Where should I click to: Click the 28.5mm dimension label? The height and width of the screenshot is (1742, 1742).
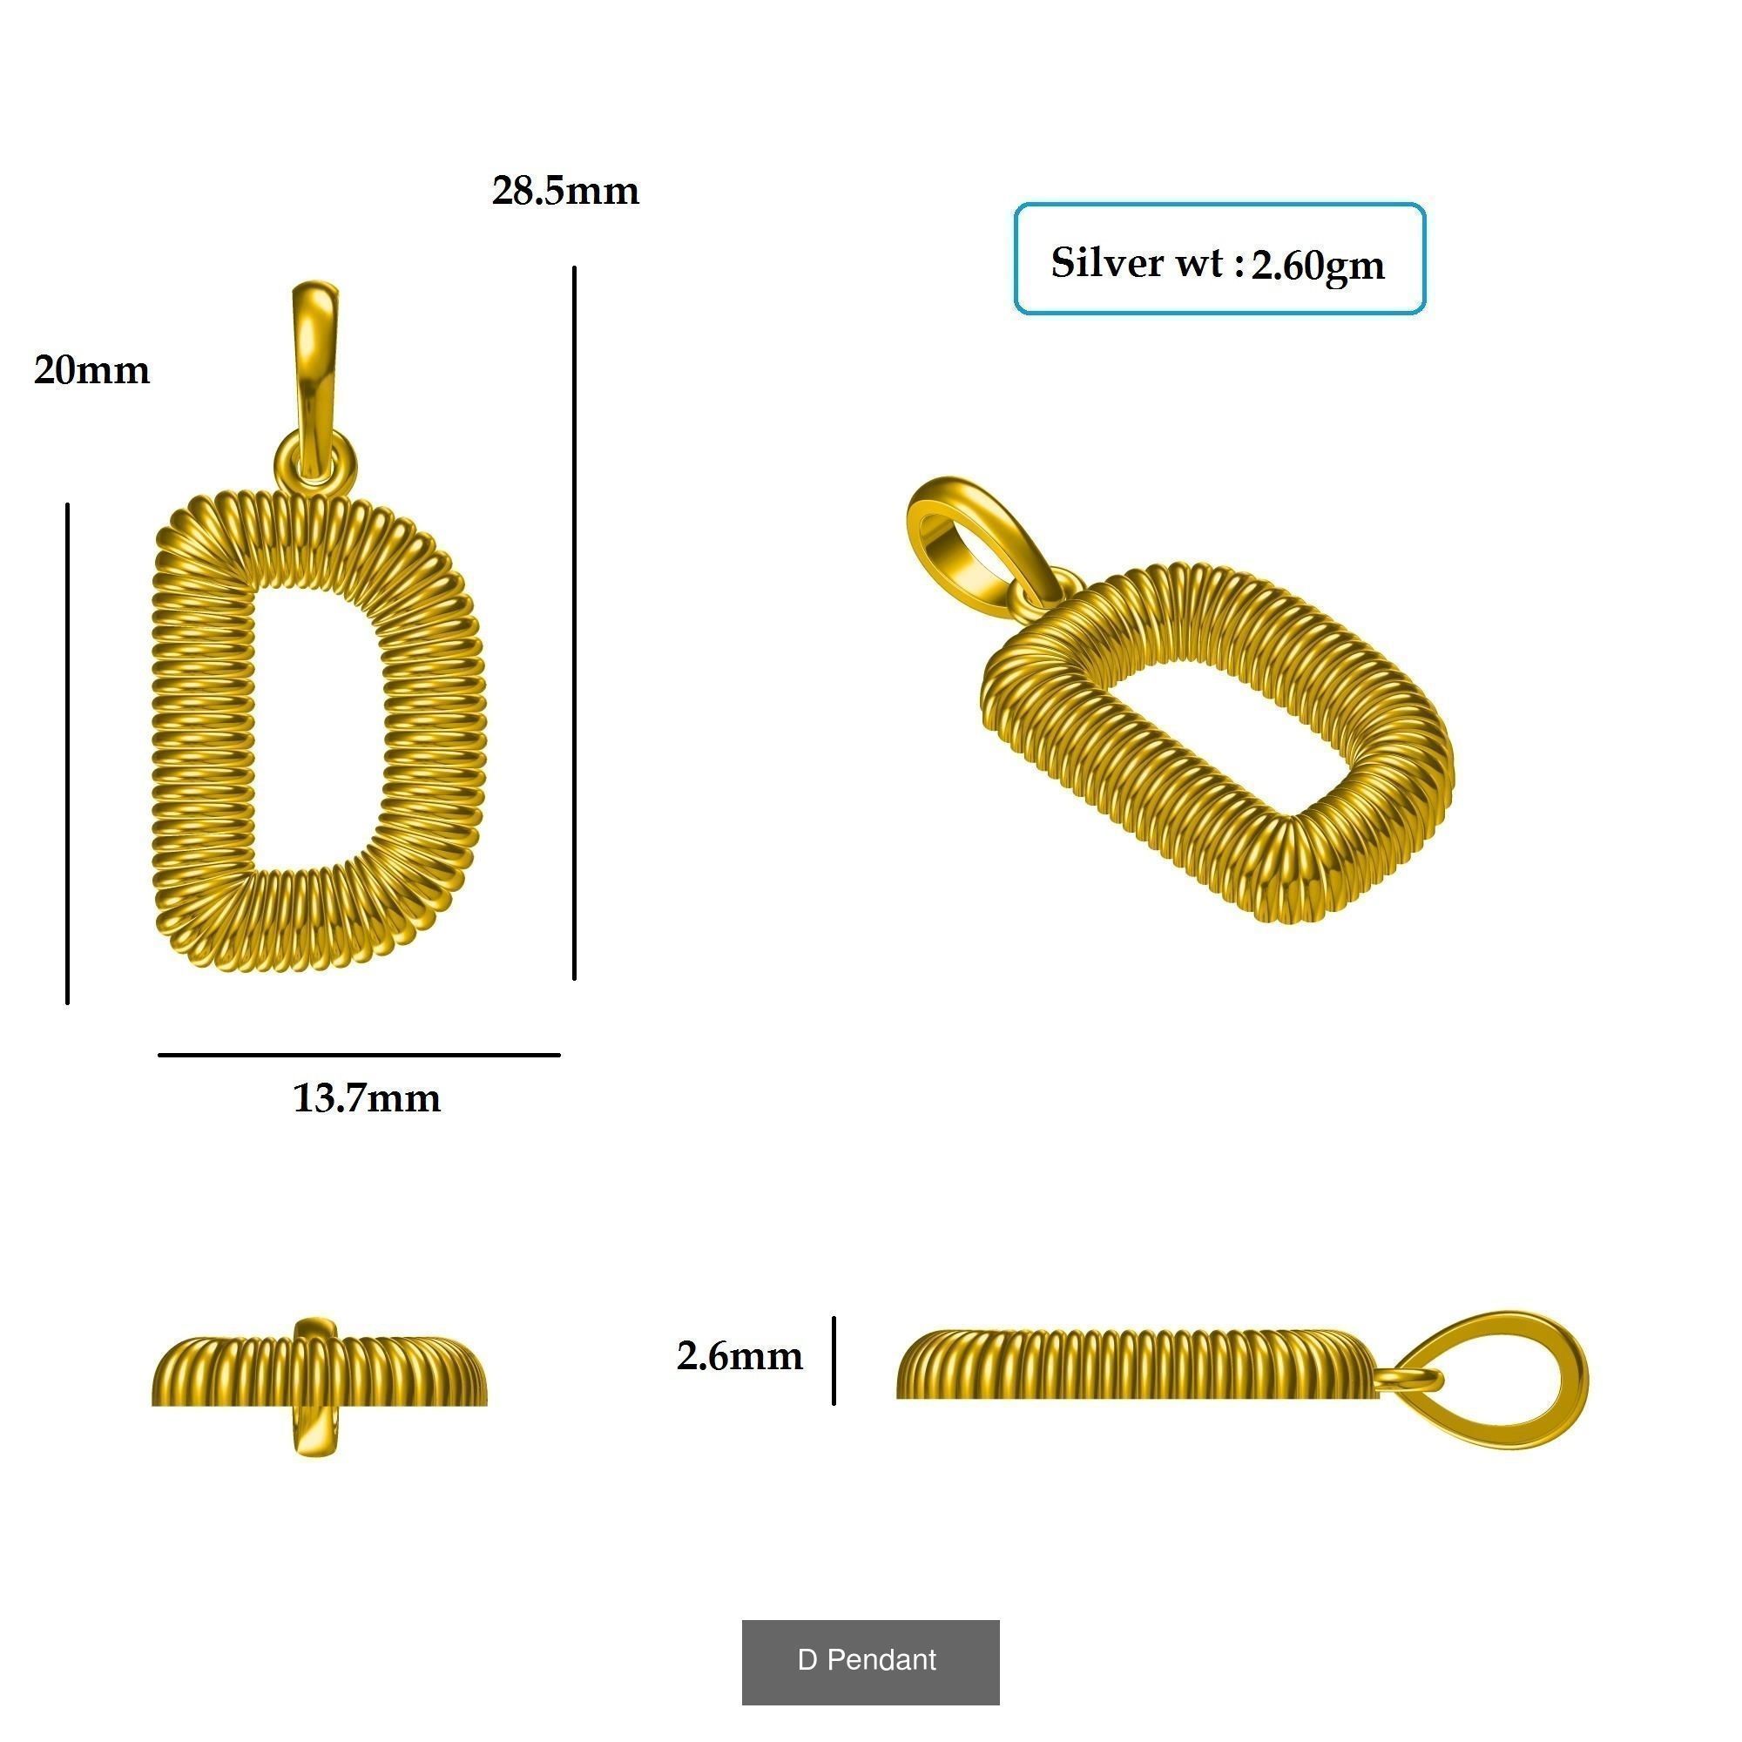pos(565,191)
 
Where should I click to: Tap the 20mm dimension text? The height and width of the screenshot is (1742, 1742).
pos(92,370)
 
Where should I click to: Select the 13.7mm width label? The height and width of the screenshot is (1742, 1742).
pos(367,1098)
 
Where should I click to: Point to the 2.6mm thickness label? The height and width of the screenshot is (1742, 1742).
pos(739,1356)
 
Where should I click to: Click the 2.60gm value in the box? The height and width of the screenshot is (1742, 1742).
pos(1317,265)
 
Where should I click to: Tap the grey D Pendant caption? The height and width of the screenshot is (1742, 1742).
pos(870,1660)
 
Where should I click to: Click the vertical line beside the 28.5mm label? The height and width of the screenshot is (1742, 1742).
pos(574,622)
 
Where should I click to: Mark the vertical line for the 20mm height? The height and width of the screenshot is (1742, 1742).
pos(68,753)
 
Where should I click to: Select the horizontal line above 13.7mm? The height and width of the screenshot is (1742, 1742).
pos(359,1054)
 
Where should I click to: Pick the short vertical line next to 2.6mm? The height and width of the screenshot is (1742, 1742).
pos(834,1361)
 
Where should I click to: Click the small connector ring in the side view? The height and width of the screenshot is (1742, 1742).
pos(1408,1379)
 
